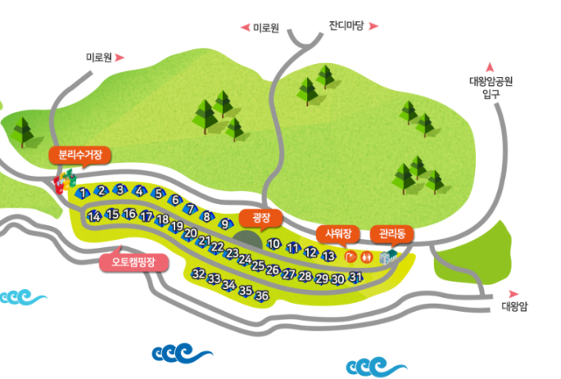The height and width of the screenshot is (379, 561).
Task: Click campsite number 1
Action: click(x=83, y=193)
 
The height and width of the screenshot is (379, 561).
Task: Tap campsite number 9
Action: click(x=225, y=224)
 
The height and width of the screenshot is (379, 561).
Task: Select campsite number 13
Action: click(x=328, y=256)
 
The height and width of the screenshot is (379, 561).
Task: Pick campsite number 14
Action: click(x=94, y=215)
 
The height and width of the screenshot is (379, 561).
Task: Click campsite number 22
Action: click(x=217, y=247)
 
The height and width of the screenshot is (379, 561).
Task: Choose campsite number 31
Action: click(x=355, y=277)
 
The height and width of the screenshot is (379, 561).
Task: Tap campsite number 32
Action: click(x=198, y=274)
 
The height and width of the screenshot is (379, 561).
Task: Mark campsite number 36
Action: click(x=262, y=296)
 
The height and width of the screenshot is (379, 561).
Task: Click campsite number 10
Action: click(x=274, y=244)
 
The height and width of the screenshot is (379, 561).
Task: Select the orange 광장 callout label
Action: click(x=261, y=218)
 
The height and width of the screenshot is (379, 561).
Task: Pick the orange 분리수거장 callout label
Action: click(x=79, y=154)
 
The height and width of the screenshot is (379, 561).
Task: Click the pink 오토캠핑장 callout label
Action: click(x=133, y=262)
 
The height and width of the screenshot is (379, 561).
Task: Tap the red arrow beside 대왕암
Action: click(x=512, y=293)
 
